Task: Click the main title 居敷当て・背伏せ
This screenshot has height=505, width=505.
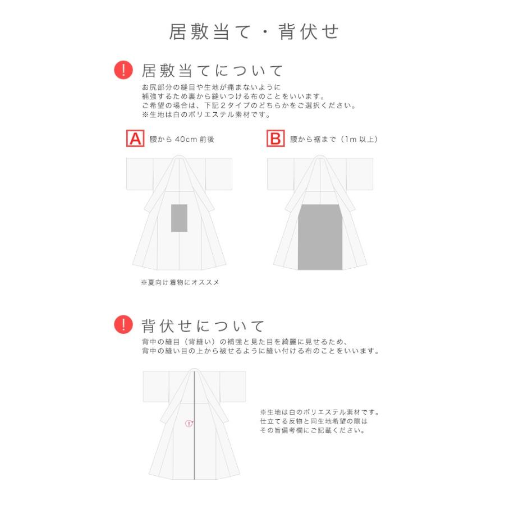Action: click(254, 31)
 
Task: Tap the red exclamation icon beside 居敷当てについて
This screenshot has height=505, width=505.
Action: click(123, 70)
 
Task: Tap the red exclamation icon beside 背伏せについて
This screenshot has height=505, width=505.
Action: click(123, 325)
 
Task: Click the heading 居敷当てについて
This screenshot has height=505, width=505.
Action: click(213, 71)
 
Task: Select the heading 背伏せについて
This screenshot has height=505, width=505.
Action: click(203, 325)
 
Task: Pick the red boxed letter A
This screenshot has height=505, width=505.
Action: click(135, 139)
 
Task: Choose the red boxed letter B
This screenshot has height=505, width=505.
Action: click(275, 139)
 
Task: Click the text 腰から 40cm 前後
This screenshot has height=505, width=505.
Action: click(182, 139)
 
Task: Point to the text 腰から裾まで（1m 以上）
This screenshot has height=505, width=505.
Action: click(333, 139)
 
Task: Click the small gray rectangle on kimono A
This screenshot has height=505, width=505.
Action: click(179, 218)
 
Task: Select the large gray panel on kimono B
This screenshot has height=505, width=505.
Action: click(320, 238)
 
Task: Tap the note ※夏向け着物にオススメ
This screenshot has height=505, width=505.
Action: click(180, 282)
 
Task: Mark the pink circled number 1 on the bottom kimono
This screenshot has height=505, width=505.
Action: click(189, 424)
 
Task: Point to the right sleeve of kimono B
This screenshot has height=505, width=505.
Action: click(359, 174)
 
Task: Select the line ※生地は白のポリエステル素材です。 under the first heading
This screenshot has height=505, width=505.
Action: click(206, 114)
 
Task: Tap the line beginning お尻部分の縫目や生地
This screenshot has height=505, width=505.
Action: click(210, 88)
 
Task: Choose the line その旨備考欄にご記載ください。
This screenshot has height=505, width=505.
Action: click(313, 430)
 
